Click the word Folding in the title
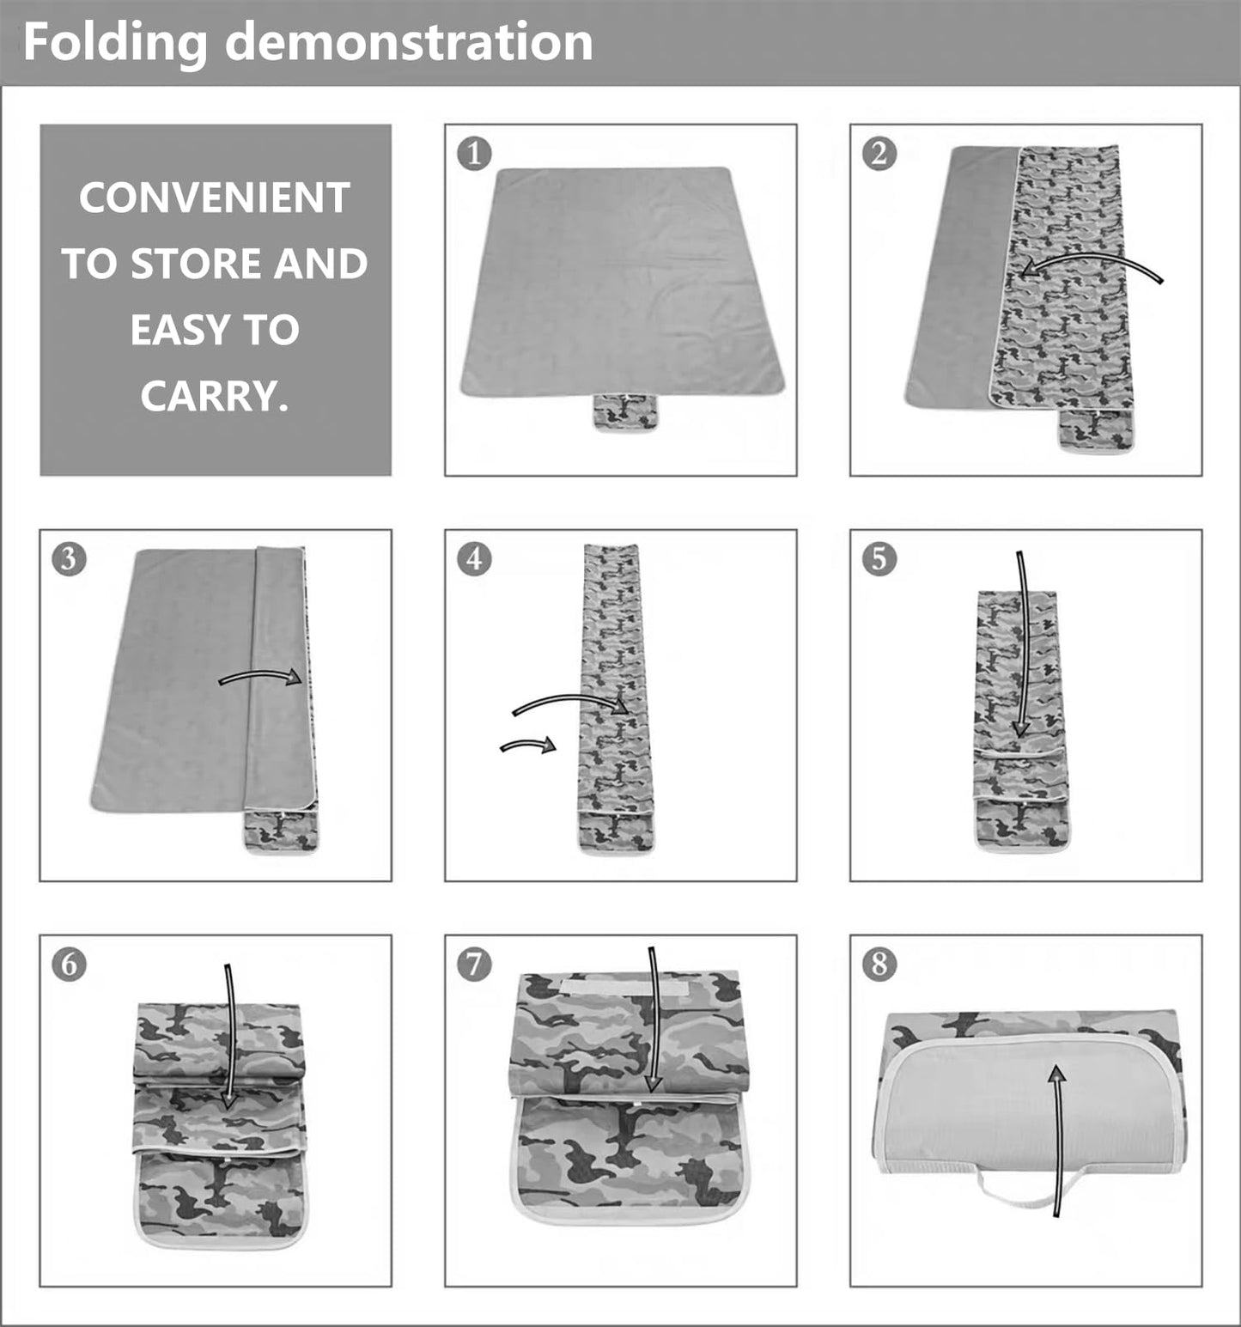tap(115, 42)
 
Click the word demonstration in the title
tap(409, 42)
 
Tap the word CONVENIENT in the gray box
tap(215, 198)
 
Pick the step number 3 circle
tap(69, 558)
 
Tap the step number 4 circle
tap(474, 558)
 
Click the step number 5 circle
tap(879, 558)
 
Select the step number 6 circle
tap(69, 964)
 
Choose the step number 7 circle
tap(474, 964)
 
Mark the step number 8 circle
tap(879, 964)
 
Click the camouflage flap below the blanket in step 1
tap(624, 411)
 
